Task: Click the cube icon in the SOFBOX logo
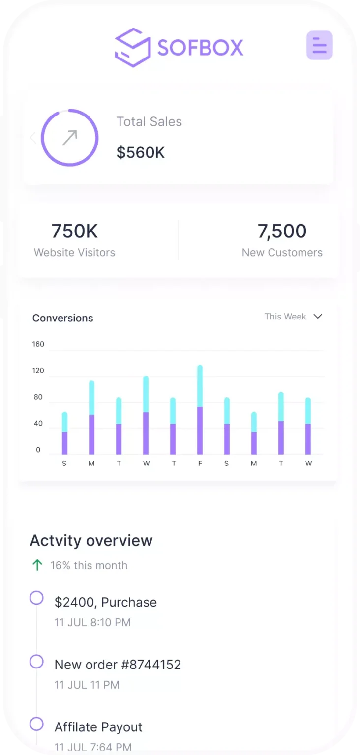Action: [x=132, y=48]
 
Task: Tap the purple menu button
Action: [x=320, y=45]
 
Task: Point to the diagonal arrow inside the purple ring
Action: [x=70, y=138]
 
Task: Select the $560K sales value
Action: [x=141, y=152]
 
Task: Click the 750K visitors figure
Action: [x=75, y=231]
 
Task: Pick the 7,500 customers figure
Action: [x=282, y=231]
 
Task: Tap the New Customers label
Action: [x=282, y=253]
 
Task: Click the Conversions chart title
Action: [x=62, y=318]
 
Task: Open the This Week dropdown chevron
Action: [x=318, y=316]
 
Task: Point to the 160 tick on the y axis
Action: [x=38, y=344]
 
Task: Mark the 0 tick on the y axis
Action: [x=38, y=450]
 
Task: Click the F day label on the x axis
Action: [x=200, y=463]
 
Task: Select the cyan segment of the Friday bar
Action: [x=200, y=386]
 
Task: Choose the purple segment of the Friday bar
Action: [x=200, y=430]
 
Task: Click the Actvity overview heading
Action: [x=91, y=540]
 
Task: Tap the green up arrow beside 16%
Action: [x=37, y=565]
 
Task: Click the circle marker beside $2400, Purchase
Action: [x=36, y=598]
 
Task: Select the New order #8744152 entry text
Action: [x=118, y=665]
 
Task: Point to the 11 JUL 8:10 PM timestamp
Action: [x=92, y=623]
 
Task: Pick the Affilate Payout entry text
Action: [x=98, y=727]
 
